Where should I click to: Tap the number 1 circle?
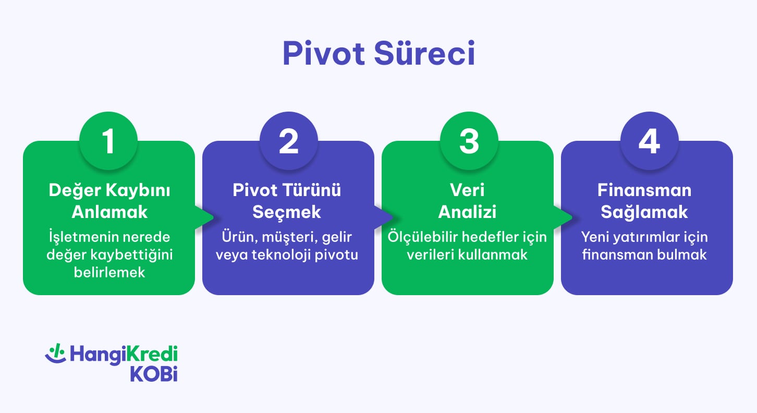pos(108,141)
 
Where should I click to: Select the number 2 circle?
pos(288,141)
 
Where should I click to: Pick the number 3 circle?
pos(468,141)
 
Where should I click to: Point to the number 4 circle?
pos(648,141)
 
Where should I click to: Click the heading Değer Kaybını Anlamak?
pos(109,201)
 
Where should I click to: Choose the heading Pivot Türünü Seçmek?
pos(287,201)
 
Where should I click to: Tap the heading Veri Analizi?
pos(467,201)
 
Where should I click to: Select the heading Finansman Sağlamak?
pos(645,201)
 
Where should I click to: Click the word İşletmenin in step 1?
pos(78,237)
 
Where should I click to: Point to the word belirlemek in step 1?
pos(109,272)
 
